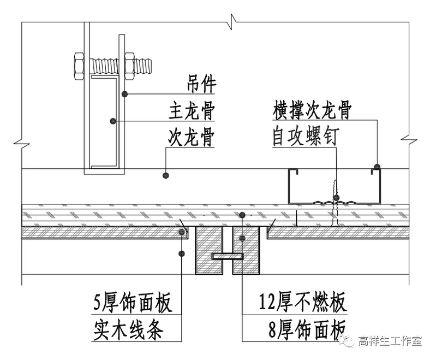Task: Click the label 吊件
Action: pos(200,85)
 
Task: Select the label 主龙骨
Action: pos(191,112)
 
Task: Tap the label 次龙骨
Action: pos(191,138)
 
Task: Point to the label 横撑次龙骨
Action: pos(312,111)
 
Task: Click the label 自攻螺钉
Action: pos(305,137)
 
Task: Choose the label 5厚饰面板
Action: pos(133,302)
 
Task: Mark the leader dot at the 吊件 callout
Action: pos(125,94)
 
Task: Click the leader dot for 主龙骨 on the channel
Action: pos(112,120)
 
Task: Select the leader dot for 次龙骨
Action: pos(166,175)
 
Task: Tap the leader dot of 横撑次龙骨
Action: pos(377,165)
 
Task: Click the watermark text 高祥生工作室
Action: pos(390,341)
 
